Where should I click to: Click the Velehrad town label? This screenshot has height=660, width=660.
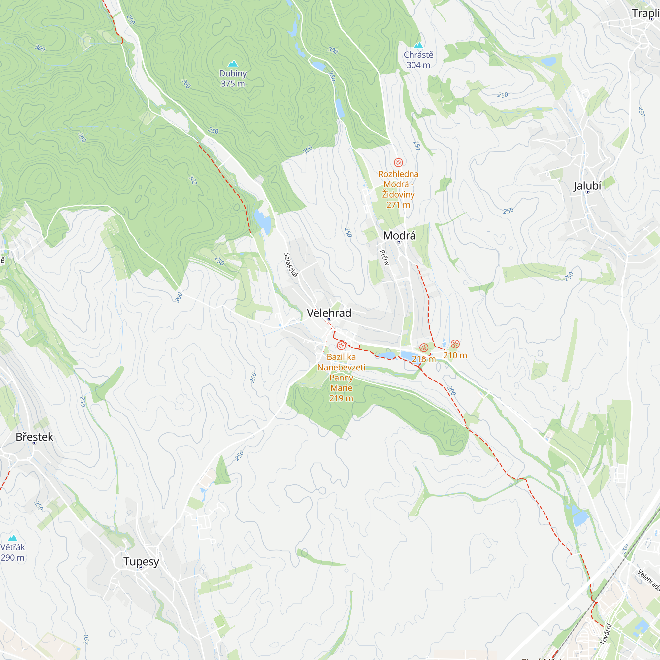point(329,313)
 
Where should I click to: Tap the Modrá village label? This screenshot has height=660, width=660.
point(399,235)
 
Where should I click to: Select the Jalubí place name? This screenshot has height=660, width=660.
point(587,186)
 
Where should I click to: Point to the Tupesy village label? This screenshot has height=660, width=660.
point(141,561)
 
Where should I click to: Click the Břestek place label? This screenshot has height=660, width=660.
point(35,437)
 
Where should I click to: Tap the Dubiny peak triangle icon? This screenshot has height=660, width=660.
point(233,64)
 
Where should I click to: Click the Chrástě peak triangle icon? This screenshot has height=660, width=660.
point(418,45)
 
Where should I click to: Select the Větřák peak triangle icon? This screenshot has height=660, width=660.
point(13,538)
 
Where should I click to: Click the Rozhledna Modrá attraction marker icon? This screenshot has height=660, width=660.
point(398,162)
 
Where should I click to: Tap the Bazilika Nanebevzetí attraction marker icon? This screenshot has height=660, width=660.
point(341,346)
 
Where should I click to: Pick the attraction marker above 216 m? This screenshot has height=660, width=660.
point(424,348)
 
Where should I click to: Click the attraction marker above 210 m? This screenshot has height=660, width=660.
point(455,344)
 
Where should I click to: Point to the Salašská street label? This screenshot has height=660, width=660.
point(291,265)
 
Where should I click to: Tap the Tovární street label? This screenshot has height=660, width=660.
point(606,634)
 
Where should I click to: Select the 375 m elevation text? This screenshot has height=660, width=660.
point(233,84)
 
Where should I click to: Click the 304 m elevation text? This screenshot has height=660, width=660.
point(418,65)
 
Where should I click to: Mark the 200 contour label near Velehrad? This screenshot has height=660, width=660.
point(451,390)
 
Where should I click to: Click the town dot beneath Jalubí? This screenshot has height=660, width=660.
point(588,192)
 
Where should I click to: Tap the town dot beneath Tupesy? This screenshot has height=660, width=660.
point(141,567)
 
